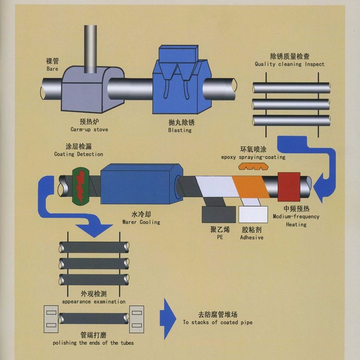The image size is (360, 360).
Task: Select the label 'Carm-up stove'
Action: (x=89, y=130)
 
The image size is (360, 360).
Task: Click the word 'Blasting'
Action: (x=180, y=130)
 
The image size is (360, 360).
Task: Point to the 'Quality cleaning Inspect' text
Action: (x=289, y=64)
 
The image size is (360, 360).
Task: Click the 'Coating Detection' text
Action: (x=78, y=154)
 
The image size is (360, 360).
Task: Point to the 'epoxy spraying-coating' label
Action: (x=253, y=157)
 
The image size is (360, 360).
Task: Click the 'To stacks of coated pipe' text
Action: (x=217, y=322)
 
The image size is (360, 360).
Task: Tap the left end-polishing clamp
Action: (x=51, y=317)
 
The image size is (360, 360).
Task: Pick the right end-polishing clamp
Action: (x=137, y=317)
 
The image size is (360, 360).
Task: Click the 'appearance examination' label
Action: (x=94, y=301)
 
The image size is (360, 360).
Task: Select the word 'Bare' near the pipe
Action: (x=52, y=69)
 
